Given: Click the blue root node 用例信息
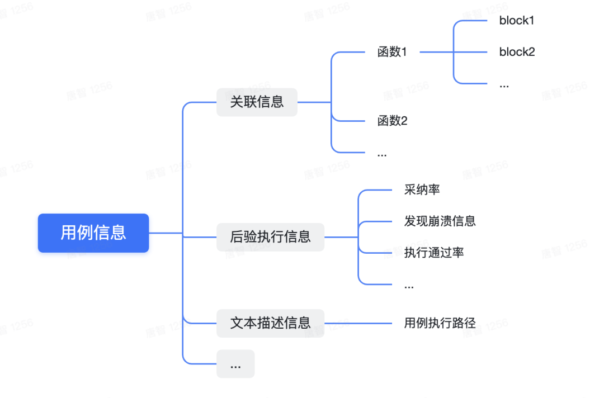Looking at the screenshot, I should point(93,233).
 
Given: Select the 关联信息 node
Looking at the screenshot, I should point(257,102).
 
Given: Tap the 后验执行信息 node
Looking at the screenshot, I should point(270,236).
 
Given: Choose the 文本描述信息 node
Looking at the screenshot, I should point(270,323).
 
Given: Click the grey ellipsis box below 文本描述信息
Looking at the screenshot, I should point(235,364).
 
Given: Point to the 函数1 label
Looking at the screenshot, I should point(392,52).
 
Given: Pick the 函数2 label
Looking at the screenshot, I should point(392,120).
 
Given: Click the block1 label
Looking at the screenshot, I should point(517,21).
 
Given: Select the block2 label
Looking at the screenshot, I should point(517,52).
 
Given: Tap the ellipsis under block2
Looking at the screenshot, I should point(504,85).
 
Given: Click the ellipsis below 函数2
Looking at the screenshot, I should point(382,153).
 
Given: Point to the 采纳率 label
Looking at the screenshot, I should point(422,189).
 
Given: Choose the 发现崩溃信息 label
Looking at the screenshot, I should point(440,221).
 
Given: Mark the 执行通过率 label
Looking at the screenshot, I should point(434,252).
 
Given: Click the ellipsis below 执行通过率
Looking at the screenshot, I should point(409,286).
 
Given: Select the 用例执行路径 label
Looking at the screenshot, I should point(440,323).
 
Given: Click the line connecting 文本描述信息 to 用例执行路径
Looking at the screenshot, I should point(358,323).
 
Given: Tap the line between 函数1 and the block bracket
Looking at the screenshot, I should point(436,52).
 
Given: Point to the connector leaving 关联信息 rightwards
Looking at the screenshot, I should point(314,102).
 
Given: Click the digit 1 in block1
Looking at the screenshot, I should point(532,21).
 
